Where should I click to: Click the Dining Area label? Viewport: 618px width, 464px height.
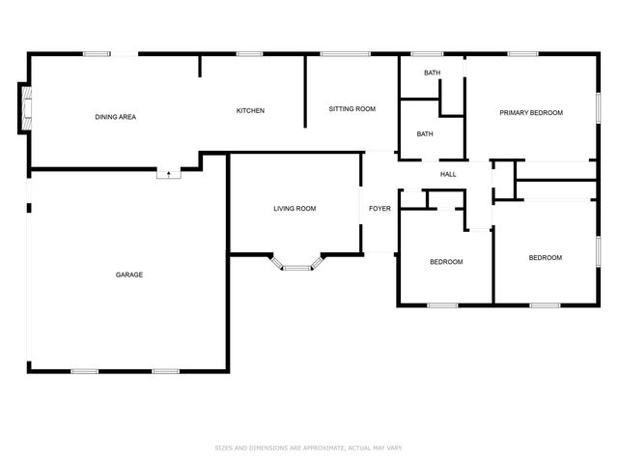(x=115, y=117)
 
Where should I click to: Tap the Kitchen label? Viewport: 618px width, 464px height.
(x=250, y=110)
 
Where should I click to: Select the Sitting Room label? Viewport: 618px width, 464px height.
(x=351, y=109)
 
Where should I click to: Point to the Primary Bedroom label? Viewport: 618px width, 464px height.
(x=530, y=113)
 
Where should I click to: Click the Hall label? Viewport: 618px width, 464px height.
(x=448, y=174)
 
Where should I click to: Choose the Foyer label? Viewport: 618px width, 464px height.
(x=379, y=209)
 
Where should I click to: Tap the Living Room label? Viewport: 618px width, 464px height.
(x=295, y=209)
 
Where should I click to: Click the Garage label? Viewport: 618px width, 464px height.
(x=129, y=275)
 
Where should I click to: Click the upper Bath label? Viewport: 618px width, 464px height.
(x=432, y=73)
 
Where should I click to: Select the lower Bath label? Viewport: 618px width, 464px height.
(x=425, y=134)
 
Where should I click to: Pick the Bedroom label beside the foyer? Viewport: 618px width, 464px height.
(x=446, y=262)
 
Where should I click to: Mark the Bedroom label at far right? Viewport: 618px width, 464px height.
(x=545, y=258)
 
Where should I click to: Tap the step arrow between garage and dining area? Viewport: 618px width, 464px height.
(x=170, y=174)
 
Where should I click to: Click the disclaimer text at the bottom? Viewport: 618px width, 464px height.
(x=308, y=448)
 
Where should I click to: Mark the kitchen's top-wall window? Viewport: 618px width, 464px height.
(x=249, y=54)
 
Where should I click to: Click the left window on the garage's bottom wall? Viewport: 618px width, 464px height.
(x=84, y=370)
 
